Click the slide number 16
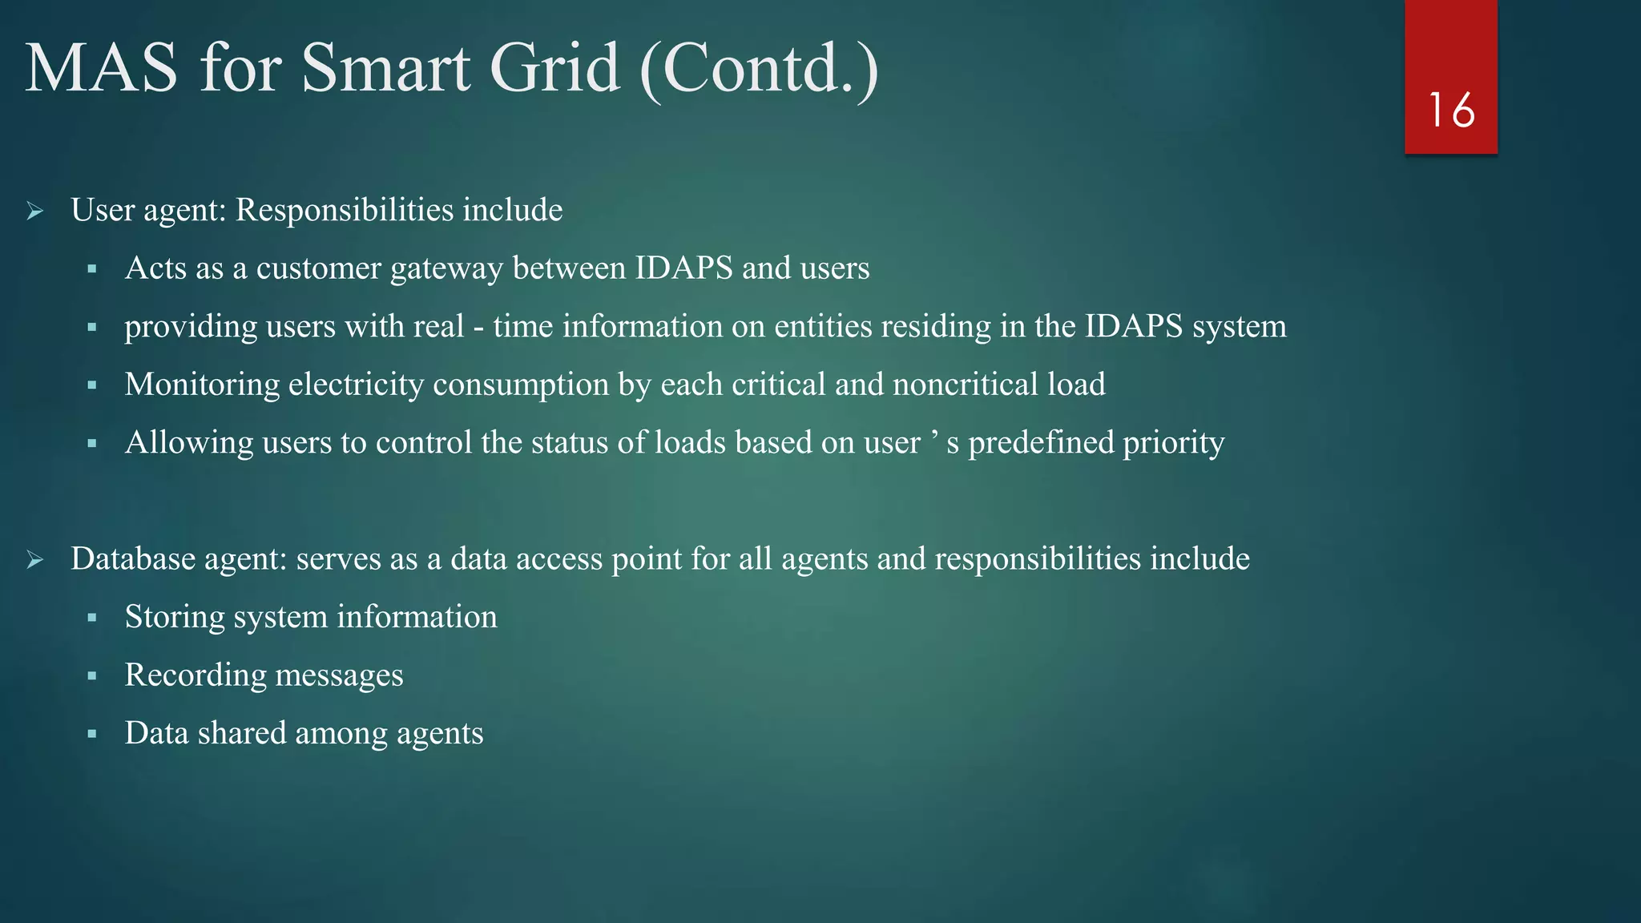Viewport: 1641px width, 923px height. pos(1451,111)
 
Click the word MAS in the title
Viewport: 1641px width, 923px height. pos(101,68)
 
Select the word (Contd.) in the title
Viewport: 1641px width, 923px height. pos(759,70)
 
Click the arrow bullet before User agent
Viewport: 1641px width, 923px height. pos(34,212)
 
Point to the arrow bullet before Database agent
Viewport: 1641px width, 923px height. pos(34,559)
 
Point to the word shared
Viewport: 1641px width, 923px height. pos(241,733)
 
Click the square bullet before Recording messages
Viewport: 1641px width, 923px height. pos(92,676)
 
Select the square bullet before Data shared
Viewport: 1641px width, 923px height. pos(92,734)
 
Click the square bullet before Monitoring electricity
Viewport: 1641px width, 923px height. pos(92,385)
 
